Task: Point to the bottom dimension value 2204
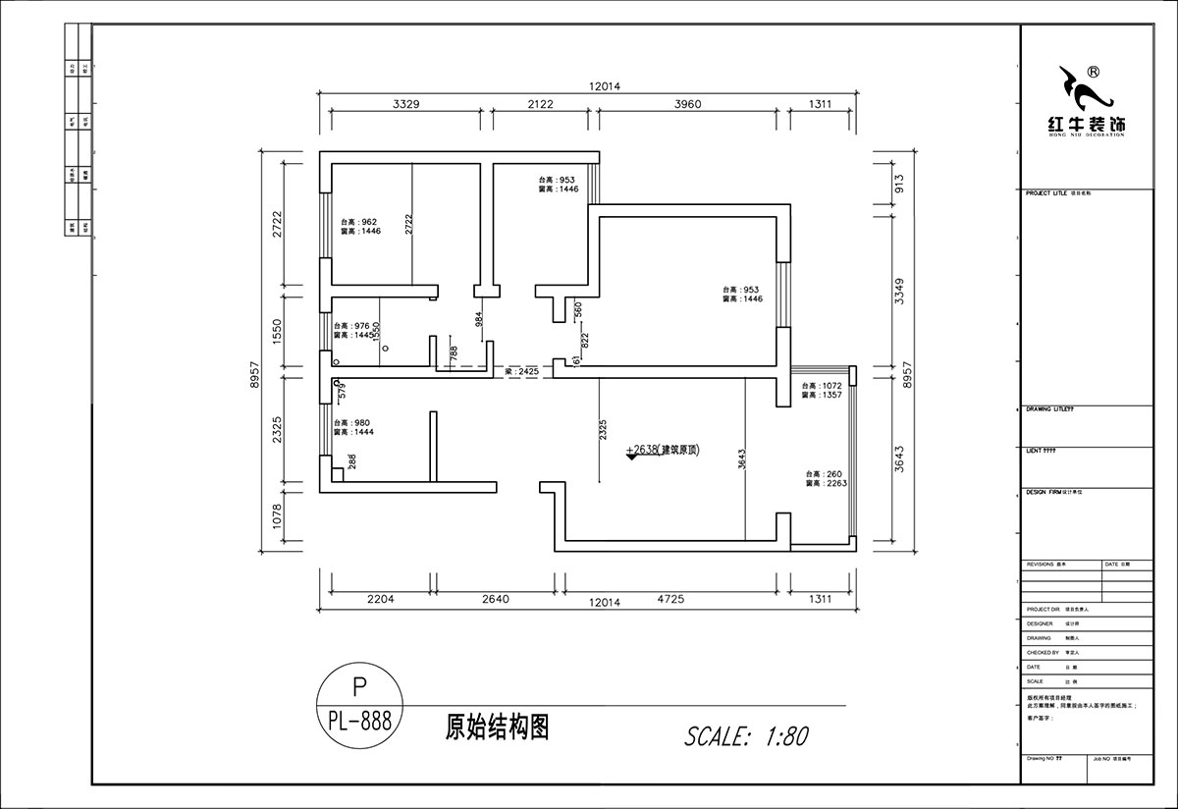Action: pyautogui.click(x=379, y=598)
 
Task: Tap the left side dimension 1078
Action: pyautogui.click(x=277, y=514)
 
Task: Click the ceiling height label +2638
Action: pyautogui.click(x=642, y=451)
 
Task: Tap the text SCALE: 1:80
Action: pyautogui.click(x=746, y=735)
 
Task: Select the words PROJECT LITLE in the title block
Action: pyautogui.click(x=1046, y=193)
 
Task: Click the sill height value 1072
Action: pyautogui.click(x=831, y=386)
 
